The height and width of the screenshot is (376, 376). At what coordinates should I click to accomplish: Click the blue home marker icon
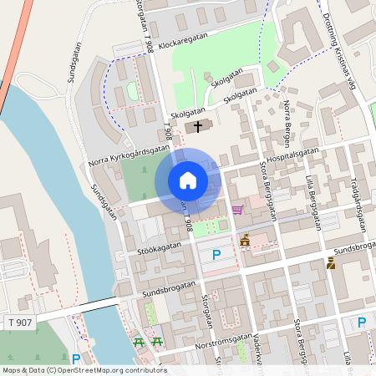(x=188, y=180)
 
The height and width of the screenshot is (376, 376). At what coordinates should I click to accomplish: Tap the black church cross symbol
(x=198, y=127)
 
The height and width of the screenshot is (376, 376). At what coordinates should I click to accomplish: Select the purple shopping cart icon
(x=237, y=210)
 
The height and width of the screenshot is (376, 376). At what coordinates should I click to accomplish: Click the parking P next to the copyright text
(x=76, y=359)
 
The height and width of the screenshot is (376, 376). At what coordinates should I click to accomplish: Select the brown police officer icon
(x=331, y=263)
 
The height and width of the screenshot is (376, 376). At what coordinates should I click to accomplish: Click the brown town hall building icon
(x=245, y=241)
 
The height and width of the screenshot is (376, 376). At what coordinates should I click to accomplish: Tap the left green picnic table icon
(x=138, y=343)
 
